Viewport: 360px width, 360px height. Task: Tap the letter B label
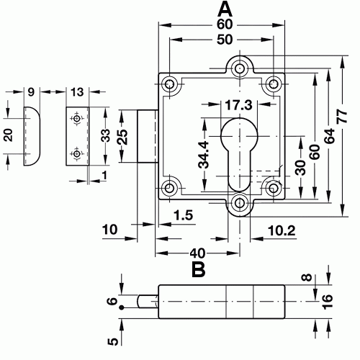click(198, 270)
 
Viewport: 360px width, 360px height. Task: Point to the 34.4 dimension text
click(204, 154)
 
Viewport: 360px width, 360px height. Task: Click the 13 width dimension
click(76, 91)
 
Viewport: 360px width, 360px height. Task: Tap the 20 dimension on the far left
click(7, 136)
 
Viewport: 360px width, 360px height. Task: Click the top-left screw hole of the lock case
click(171, 83)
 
